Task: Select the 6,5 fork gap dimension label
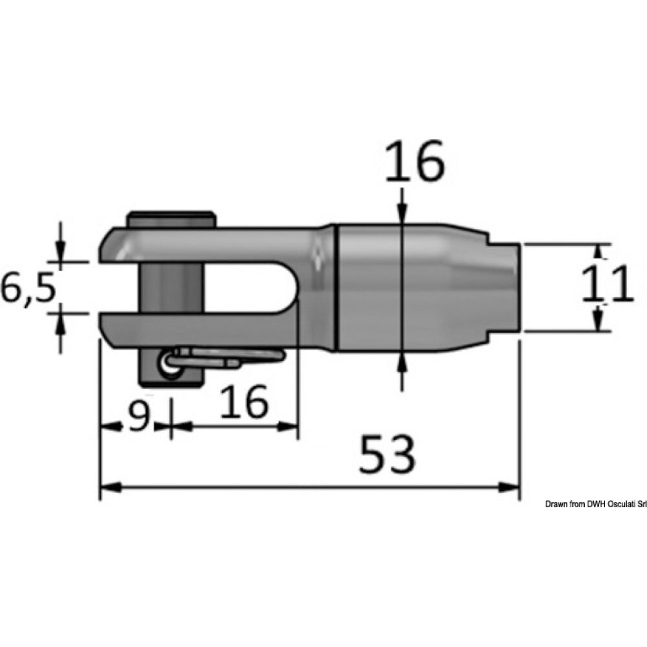click(27, 287)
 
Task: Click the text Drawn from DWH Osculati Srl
click(595, 504)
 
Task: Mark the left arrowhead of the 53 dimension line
click(107, 486)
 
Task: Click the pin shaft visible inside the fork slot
click(171, 288)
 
